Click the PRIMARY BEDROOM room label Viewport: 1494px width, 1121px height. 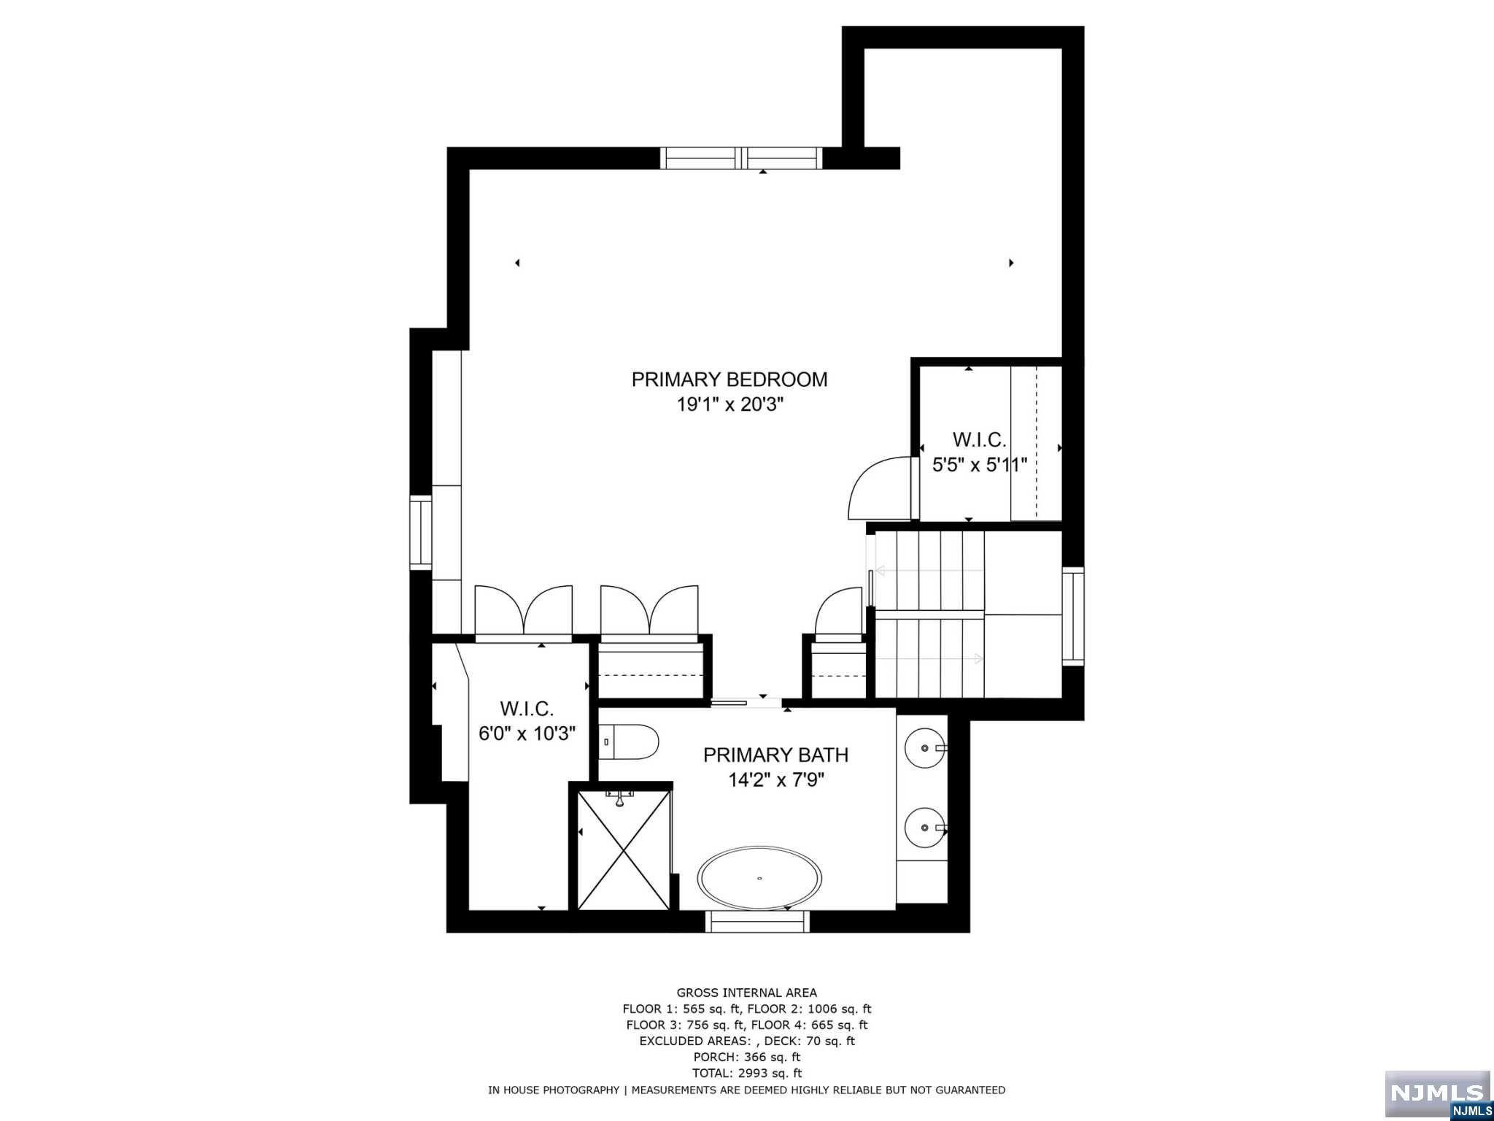click(x=729, y=380)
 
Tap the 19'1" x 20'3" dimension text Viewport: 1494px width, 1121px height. click(x=729, y=404)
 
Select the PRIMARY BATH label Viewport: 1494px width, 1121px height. click(x=775, y=755)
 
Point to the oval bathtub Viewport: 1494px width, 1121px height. click(x=760, y=878)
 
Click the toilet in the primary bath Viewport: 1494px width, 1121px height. click(x=630, y=741)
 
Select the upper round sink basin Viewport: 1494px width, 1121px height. click(x=924, y=748)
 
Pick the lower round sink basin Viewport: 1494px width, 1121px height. click(x=924, y=828)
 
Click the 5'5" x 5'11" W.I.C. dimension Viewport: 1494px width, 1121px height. click(x=980, y=465)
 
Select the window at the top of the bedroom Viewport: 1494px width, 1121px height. click(x=741, y=158)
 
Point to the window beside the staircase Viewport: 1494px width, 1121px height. click(x=1072, y=616)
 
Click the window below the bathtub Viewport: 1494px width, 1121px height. click(x=757, y=922)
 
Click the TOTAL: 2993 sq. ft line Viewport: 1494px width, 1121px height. click(x=746, y=1073)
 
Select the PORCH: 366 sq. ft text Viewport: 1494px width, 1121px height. click(x=746, y=1057)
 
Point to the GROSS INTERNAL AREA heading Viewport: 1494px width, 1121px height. click(x=746, y=993)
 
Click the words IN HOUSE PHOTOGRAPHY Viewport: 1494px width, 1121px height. click(x=553, y=1090)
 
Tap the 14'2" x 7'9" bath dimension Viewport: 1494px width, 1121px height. click(x=775, y=780)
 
